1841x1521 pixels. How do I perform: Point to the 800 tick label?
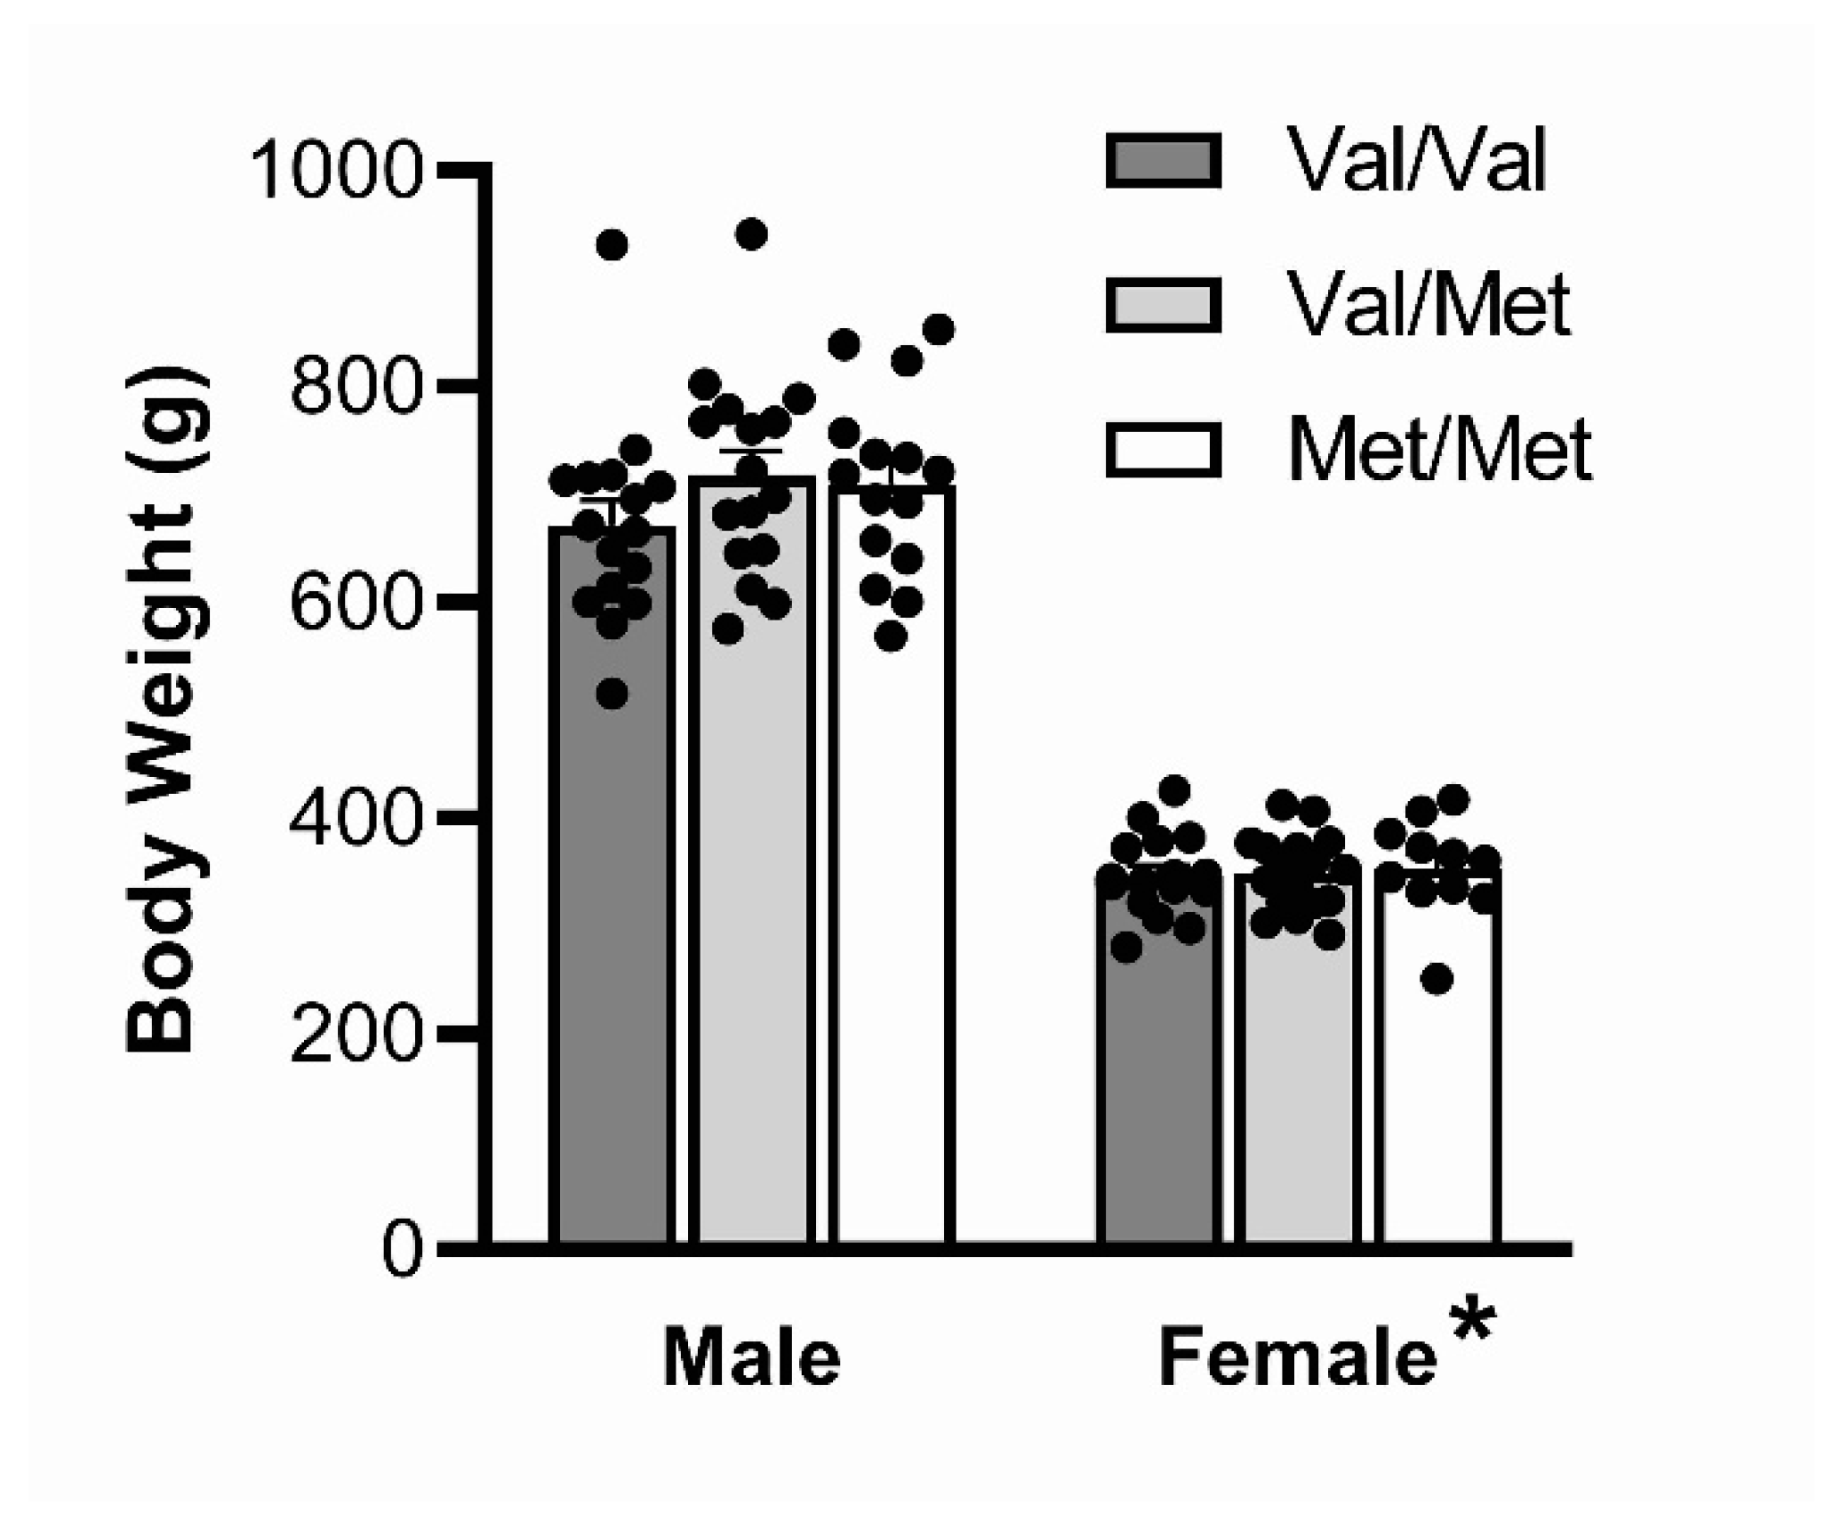354,388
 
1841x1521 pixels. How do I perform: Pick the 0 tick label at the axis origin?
401,1251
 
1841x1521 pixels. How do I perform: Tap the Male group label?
751,1358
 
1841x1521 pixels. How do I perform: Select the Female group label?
1297,1358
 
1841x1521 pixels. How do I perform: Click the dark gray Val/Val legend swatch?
1163,162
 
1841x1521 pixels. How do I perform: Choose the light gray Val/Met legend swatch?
1163,306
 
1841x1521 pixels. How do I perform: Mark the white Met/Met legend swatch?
1163,450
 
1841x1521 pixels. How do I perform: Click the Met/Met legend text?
1438,451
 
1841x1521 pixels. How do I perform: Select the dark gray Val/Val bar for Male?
612,978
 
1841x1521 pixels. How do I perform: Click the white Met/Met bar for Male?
892,978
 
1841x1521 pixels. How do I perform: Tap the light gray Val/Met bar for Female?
1299,1067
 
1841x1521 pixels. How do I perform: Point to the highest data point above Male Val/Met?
751,235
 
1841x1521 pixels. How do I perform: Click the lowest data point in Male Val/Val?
612,694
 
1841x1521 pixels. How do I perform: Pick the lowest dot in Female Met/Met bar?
1437,980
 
